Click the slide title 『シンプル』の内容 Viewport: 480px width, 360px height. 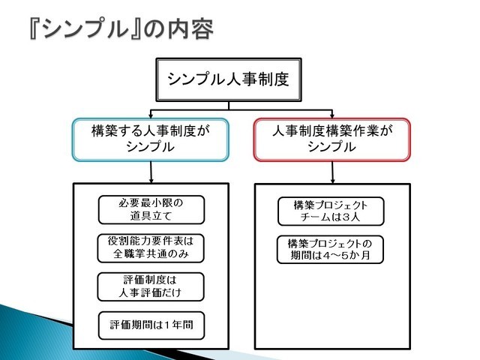point(121,28)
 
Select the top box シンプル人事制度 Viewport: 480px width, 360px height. point(229,79)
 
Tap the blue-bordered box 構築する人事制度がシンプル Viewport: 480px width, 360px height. point(151,139)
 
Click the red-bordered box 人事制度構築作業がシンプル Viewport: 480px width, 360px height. point(332,139)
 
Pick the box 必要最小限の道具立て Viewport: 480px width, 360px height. point(151,210)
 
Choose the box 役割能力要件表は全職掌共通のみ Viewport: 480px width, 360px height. point(151,248)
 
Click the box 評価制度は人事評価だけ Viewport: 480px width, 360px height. point(151,286)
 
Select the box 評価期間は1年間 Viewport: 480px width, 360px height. point(151,325)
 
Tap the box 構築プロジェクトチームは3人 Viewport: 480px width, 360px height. point(331,211)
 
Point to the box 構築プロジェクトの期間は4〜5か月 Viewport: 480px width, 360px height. point(330,250)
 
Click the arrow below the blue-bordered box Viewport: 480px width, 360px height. point(151,172)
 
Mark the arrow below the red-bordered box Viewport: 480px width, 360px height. point(333,172)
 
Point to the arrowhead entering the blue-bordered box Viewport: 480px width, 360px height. point(151,116)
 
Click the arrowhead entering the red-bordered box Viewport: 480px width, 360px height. point(332,116)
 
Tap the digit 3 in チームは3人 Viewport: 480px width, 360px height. point(345,217)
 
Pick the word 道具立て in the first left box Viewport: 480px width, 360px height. point(151,216)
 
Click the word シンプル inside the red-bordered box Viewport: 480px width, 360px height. point(331,147)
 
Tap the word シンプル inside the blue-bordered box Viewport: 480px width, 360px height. point(150,147)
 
